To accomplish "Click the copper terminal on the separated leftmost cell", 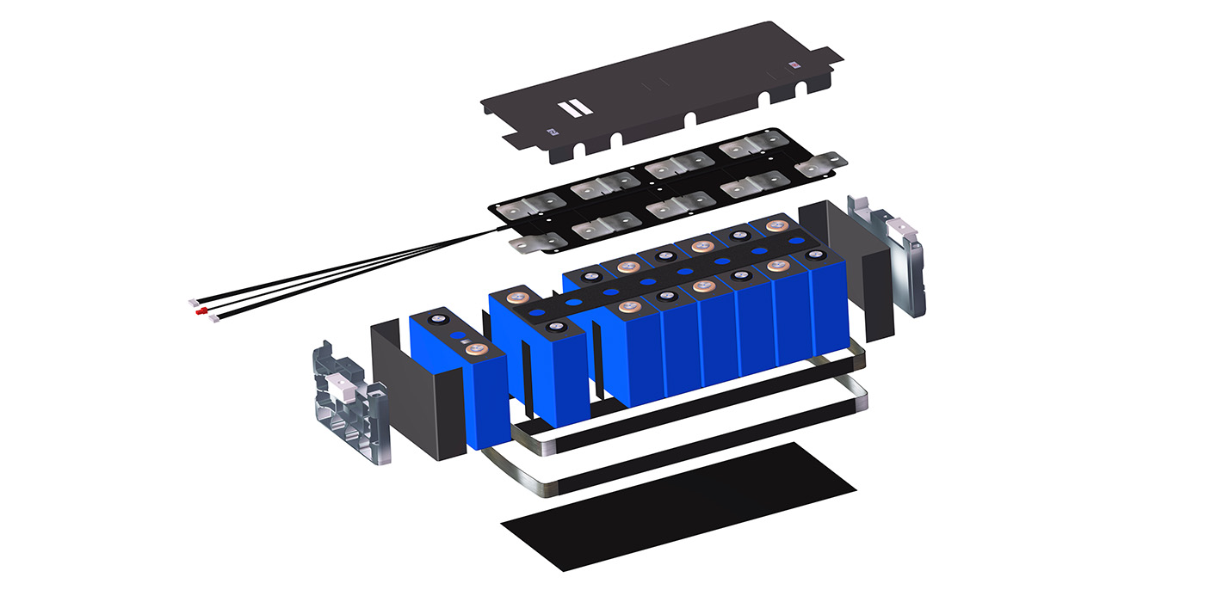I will point(478,348).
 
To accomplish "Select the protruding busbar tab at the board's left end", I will point(528,244).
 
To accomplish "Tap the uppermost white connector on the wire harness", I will point(194,303).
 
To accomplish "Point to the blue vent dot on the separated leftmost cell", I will point(459,335).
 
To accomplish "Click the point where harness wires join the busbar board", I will point(493,230).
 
